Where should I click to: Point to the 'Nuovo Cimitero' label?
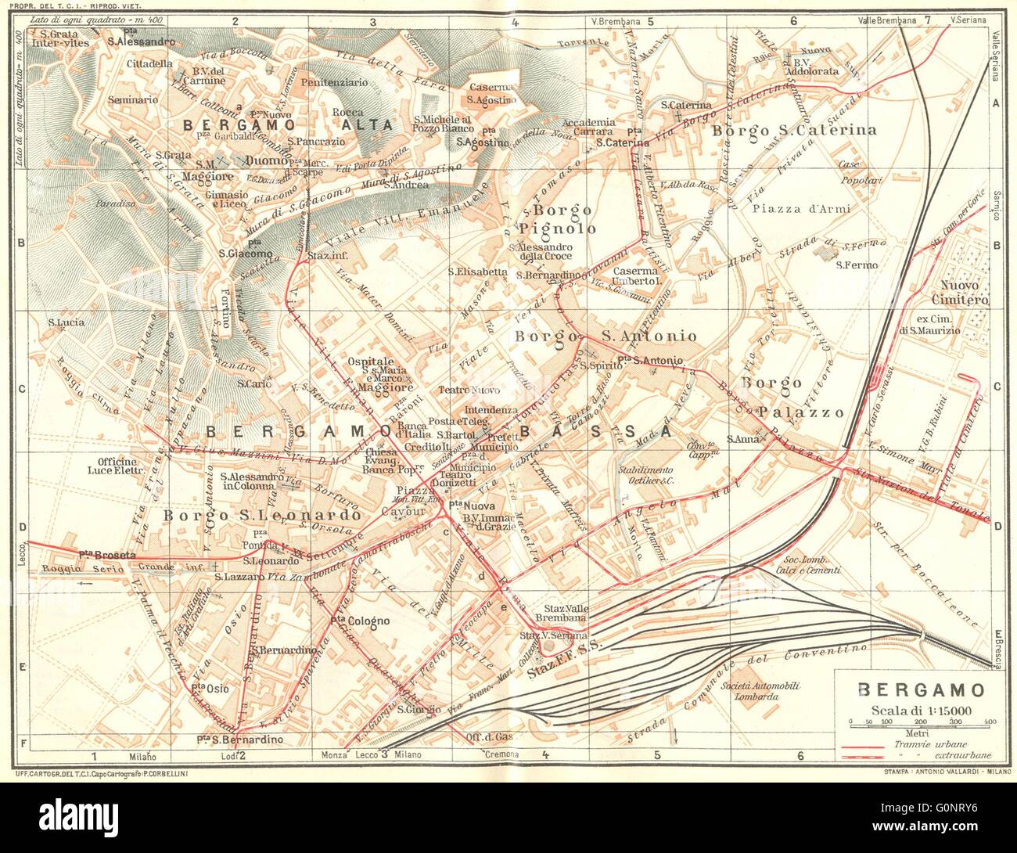(965, 292)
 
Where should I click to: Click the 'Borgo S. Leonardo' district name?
(262, 516)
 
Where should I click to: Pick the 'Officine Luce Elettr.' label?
(119, 466)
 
